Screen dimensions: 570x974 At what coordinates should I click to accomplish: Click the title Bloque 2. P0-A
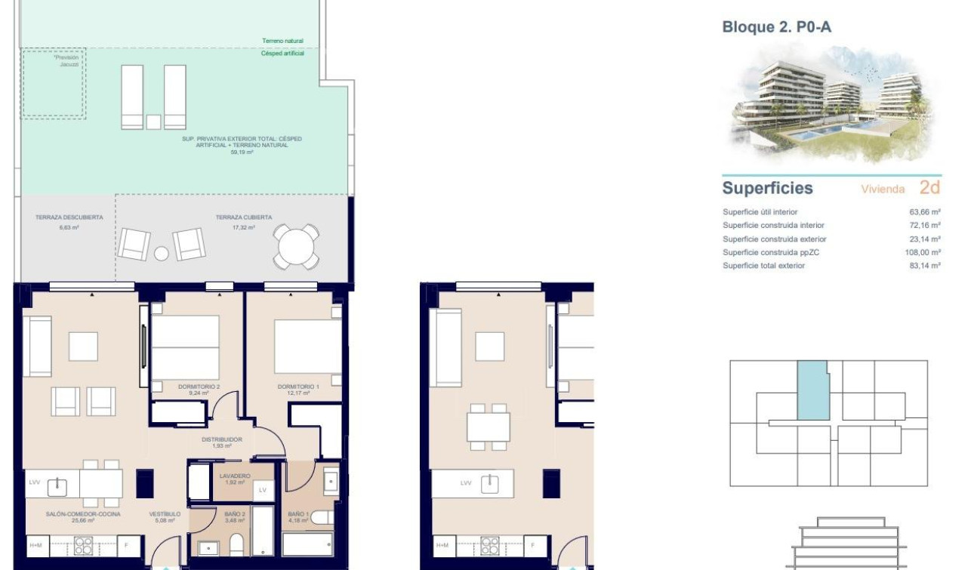(x=777, y=27)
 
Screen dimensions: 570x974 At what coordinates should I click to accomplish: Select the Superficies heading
(x=767, y=188)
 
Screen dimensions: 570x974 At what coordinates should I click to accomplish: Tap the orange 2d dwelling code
(x=929, y=187)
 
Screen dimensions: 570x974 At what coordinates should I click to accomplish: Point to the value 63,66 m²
(x=925, y=212)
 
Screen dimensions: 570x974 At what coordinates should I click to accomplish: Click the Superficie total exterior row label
(x=763, y=266)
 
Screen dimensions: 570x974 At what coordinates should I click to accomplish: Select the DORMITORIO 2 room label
(x=199, y=387)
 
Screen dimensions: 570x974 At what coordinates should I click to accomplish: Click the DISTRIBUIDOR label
(x=221, y=439)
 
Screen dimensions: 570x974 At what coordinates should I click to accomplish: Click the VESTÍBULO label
(x=164, y=515)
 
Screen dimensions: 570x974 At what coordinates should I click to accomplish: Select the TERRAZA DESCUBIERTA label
(x=69, y=217)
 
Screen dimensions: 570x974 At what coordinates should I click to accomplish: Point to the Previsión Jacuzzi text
(x=66, y=60)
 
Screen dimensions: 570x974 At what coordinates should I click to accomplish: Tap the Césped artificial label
(x=282, y=54)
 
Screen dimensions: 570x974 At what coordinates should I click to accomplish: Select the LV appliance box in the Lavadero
(x=262, y=490)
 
